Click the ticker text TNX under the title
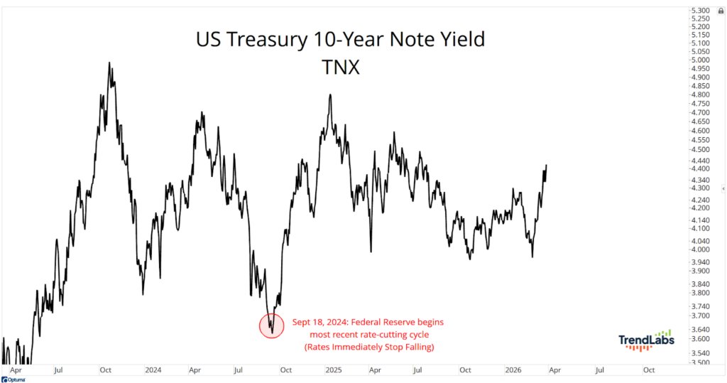[x=340, y=68]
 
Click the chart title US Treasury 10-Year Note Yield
[x=340, y=40]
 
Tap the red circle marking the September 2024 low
[x=272, y=325]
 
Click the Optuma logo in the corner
[x=13, y=379]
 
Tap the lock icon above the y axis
[x=721, y=10]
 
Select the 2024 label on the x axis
[x=153, y=370]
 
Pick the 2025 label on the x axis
[x=334, y=370]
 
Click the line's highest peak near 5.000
[x=109, y=63]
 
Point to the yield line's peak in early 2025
[x=330, y=95]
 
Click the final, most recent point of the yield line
[x=547, y=165]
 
